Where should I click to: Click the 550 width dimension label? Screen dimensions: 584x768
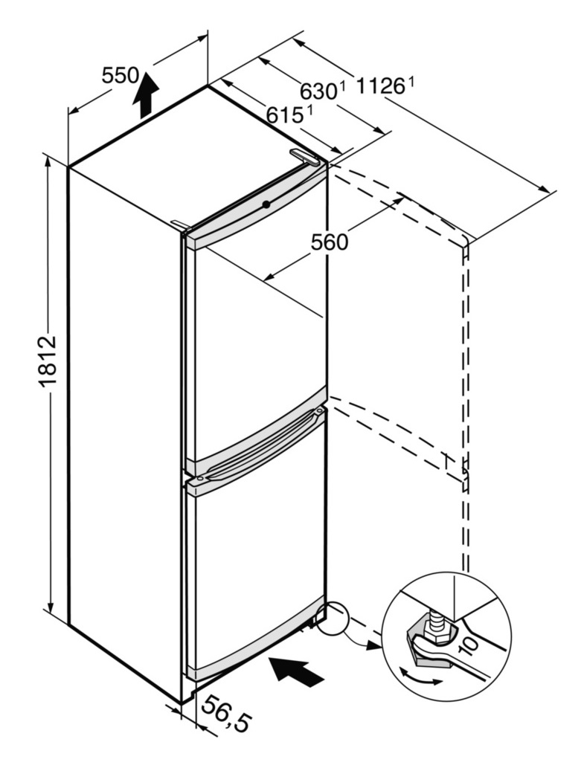[121, 76]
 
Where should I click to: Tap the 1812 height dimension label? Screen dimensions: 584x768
[48, 361]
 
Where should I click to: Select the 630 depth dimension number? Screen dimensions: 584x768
[318, 91]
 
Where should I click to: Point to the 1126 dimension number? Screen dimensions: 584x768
[380, 87]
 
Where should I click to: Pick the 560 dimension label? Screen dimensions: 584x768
[330, 242]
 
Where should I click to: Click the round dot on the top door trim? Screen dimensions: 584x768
[266, 204]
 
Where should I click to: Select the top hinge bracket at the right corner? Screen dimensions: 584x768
[304, 157]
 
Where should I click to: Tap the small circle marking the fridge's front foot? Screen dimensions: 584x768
[331, 619]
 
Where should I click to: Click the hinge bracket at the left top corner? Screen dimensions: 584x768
[181, 225]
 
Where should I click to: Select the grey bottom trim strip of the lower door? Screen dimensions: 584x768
[254, 639]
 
